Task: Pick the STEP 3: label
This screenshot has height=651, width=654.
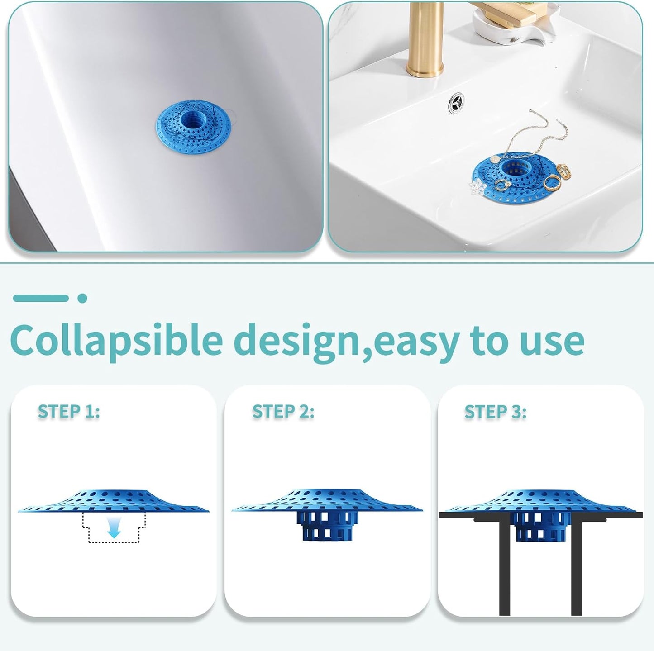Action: point(496,412)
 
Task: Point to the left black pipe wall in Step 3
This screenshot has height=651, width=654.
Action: point(505,565)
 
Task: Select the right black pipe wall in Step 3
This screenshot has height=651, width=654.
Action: point(576,565)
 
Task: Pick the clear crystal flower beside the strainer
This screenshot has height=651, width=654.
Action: point(477,185)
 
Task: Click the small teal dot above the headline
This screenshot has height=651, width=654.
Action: point(82,298)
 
